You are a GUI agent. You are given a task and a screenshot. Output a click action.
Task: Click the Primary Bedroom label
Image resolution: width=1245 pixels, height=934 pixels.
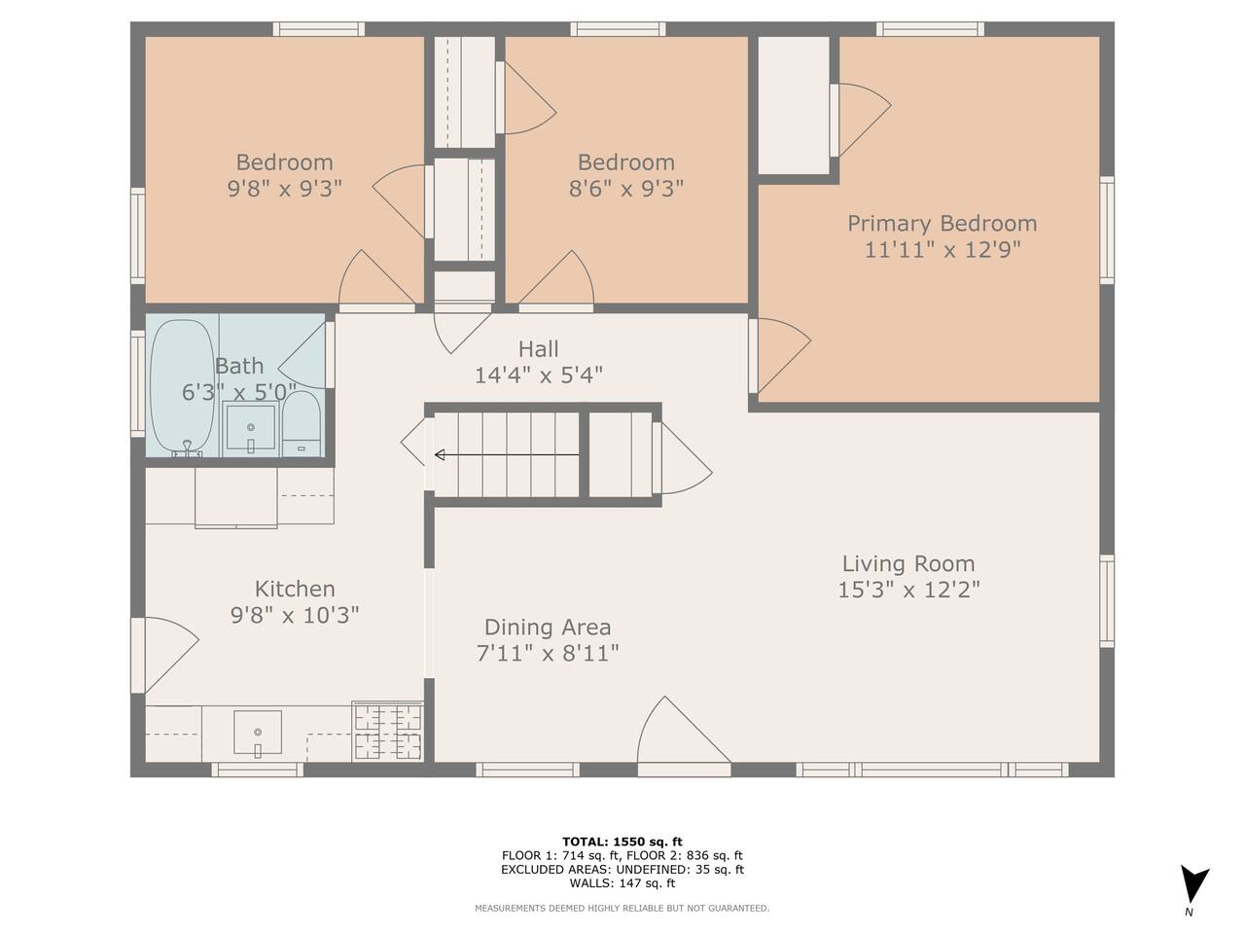943,224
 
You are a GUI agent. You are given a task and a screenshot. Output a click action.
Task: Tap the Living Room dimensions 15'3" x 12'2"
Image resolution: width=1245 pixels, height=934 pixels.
908,591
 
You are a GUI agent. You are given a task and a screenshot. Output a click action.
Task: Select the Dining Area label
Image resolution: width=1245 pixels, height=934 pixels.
548,628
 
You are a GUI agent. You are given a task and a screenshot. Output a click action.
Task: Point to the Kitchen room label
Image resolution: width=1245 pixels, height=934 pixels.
295,590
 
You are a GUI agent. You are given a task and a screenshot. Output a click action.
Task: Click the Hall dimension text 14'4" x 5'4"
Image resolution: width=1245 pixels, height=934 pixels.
538,376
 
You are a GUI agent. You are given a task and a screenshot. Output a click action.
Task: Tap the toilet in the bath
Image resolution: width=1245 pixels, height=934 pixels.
302,423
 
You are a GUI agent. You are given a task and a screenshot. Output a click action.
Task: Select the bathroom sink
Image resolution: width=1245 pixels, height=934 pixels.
251,429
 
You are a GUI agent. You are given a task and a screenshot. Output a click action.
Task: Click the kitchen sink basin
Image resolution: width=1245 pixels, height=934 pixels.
258,734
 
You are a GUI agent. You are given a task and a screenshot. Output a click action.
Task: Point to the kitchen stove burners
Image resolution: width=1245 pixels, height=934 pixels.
388,731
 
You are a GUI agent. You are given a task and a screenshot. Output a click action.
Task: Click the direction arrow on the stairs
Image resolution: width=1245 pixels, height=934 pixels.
507,454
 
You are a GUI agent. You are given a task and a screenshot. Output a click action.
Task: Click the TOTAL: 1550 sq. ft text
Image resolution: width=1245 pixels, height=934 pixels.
622,842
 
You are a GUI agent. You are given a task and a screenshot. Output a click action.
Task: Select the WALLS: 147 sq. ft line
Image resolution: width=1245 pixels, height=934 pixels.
622,883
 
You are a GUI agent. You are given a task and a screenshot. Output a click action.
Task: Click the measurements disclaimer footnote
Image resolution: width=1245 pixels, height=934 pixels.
622,909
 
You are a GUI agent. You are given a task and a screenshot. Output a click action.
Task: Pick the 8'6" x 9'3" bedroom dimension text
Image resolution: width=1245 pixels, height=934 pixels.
626,189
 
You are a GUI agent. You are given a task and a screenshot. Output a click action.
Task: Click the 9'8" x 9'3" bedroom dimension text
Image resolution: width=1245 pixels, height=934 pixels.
285,189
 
